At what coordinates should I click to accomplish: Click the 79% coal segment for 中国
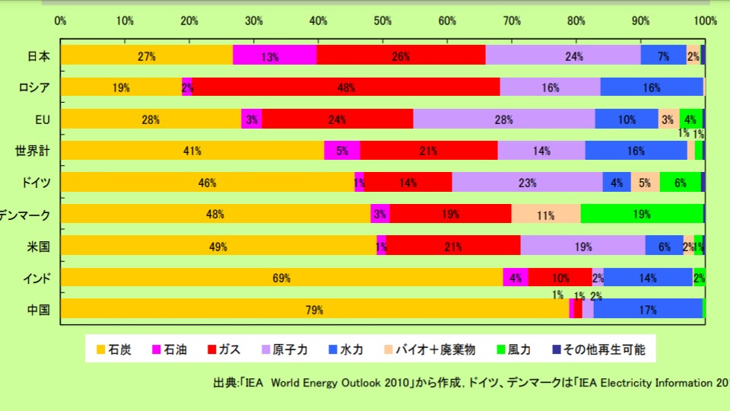(x=315, y=309)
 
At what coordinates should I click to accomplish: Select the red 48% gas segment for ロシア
(x=346, y=87)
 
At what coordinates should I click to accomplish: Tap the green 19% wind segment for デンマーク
(x=642, y=214)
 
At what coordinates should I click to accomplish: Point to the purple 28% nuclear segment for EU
(x=503, y=119)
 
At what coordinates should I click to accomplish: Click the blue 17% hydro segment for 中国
(x=648, y=309)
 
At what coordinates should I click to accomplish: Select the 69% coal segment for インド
(x=281, y=278)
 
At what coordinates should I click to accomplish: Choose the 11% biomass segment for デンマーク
(x=545, y=214)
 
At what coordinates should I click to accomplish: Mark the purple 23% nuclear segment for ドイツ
(x=527, y=183)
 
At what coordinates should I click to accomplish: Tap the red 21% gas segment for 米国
(x=453, y=246)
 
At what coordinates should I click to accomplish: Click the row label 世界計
(x=33, y=151)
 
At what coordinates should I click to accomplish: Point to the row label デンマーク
(x=25, y=215)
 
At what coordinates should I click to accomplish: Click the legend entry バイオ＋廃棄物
(x=440, y=350)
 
